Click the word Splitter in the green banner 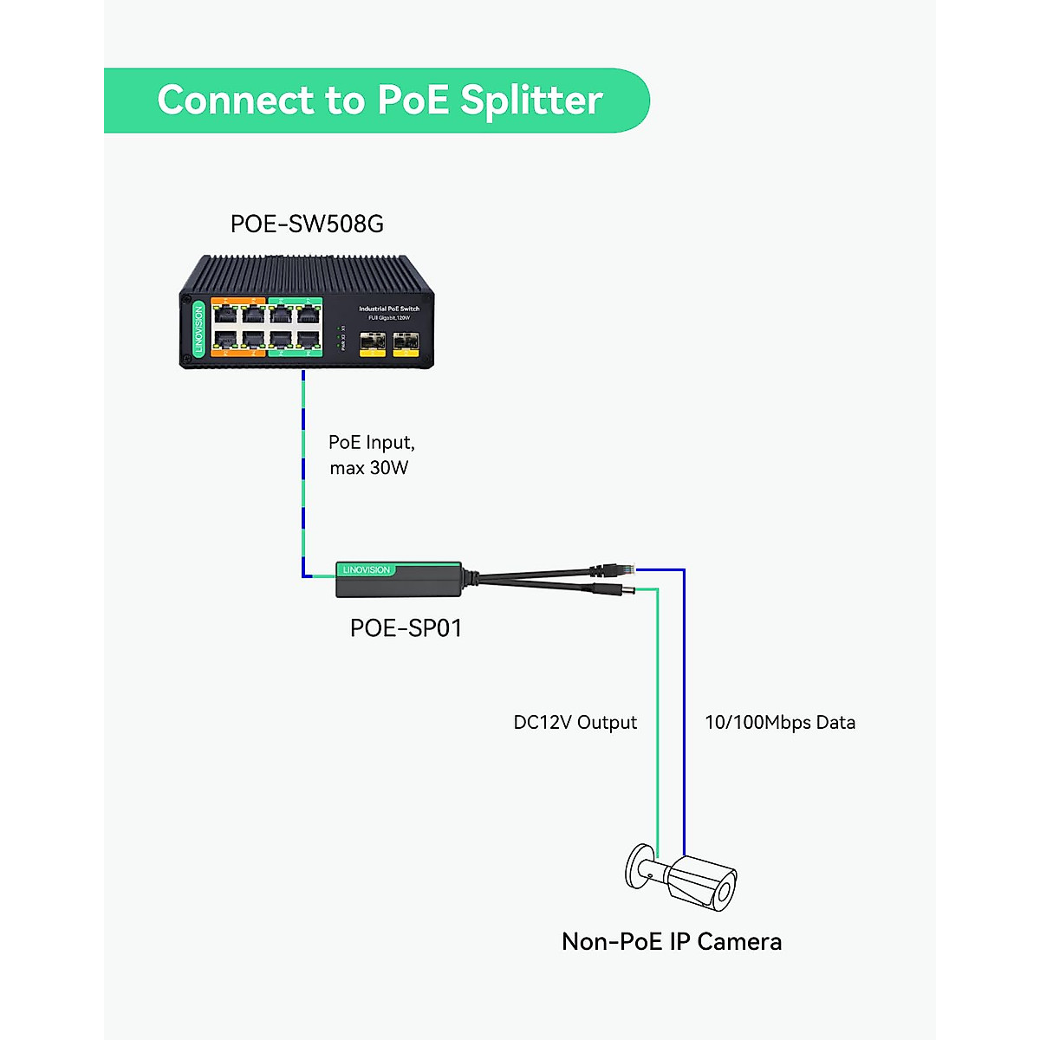coord(531,101)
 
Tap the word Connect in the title coord(236,101)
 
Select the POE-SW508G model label coord(307,224)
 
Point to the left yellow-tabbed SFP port coord(373,344)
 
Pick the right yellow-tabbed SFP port coord(405,344)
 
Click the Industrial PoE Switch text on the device coord(389,309)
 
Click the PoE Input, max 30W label coord(371,455)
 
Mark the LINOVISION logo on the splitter coord(367,570)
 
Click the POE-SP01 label coord(406,628)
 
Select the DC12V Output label coord(575,723)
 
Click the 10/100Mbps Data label coord(779,723)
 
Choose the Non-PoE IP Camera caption coord(672,942)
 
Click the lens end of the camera coord(725,891)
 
